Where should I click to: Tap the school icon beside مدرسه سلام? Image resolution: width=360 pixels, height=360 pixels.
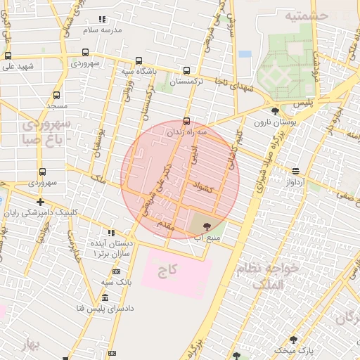coord(102,19)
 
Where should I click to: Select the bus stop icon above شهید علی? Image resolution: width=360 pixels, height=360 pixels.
coord(8,56)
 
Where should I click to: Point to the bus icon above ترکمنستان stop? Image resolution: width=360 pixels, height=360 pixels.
coord(186,70)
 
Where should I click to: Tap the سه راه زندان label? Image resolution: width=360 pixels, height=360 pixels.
coord(186,131)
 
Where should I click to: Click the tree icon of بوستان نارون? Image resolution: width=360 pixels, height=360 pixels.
coord(275,110)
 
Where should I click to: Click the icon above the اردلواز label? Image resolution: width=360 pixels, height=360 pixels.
coord(295,171)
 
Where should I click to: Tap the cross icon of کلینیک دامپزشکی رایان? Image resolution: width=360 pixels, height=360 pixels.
coord(40,202)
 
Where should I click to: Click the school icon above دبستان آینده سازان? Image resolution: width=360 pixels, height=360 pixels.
coord(111,233)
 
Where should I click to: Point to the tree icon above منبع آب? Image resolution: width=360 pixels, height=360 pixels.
coord(206,226)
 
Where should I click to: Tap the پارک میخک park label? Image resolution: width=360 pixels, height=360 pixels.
coord(293,349)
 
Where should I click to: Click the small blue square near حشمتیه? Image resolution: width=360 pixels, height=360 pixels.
coord(245,53)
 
